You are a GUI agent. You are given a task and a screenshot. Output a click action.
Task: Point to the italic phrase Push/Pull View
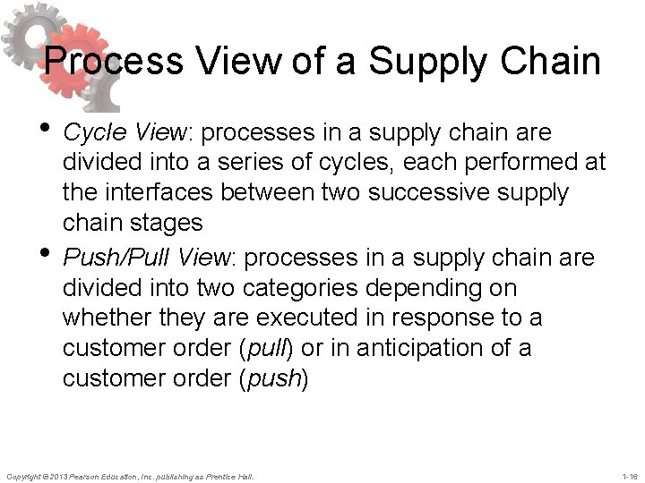(x=149, y=258)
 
